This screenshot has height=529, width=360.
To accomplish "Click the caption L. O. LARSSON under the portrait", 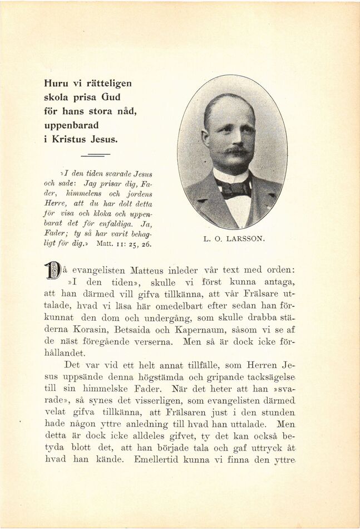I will (x=234, y=239).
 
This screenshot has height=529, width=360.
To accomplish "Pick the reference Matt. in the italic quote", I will (x=106, y=244).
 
